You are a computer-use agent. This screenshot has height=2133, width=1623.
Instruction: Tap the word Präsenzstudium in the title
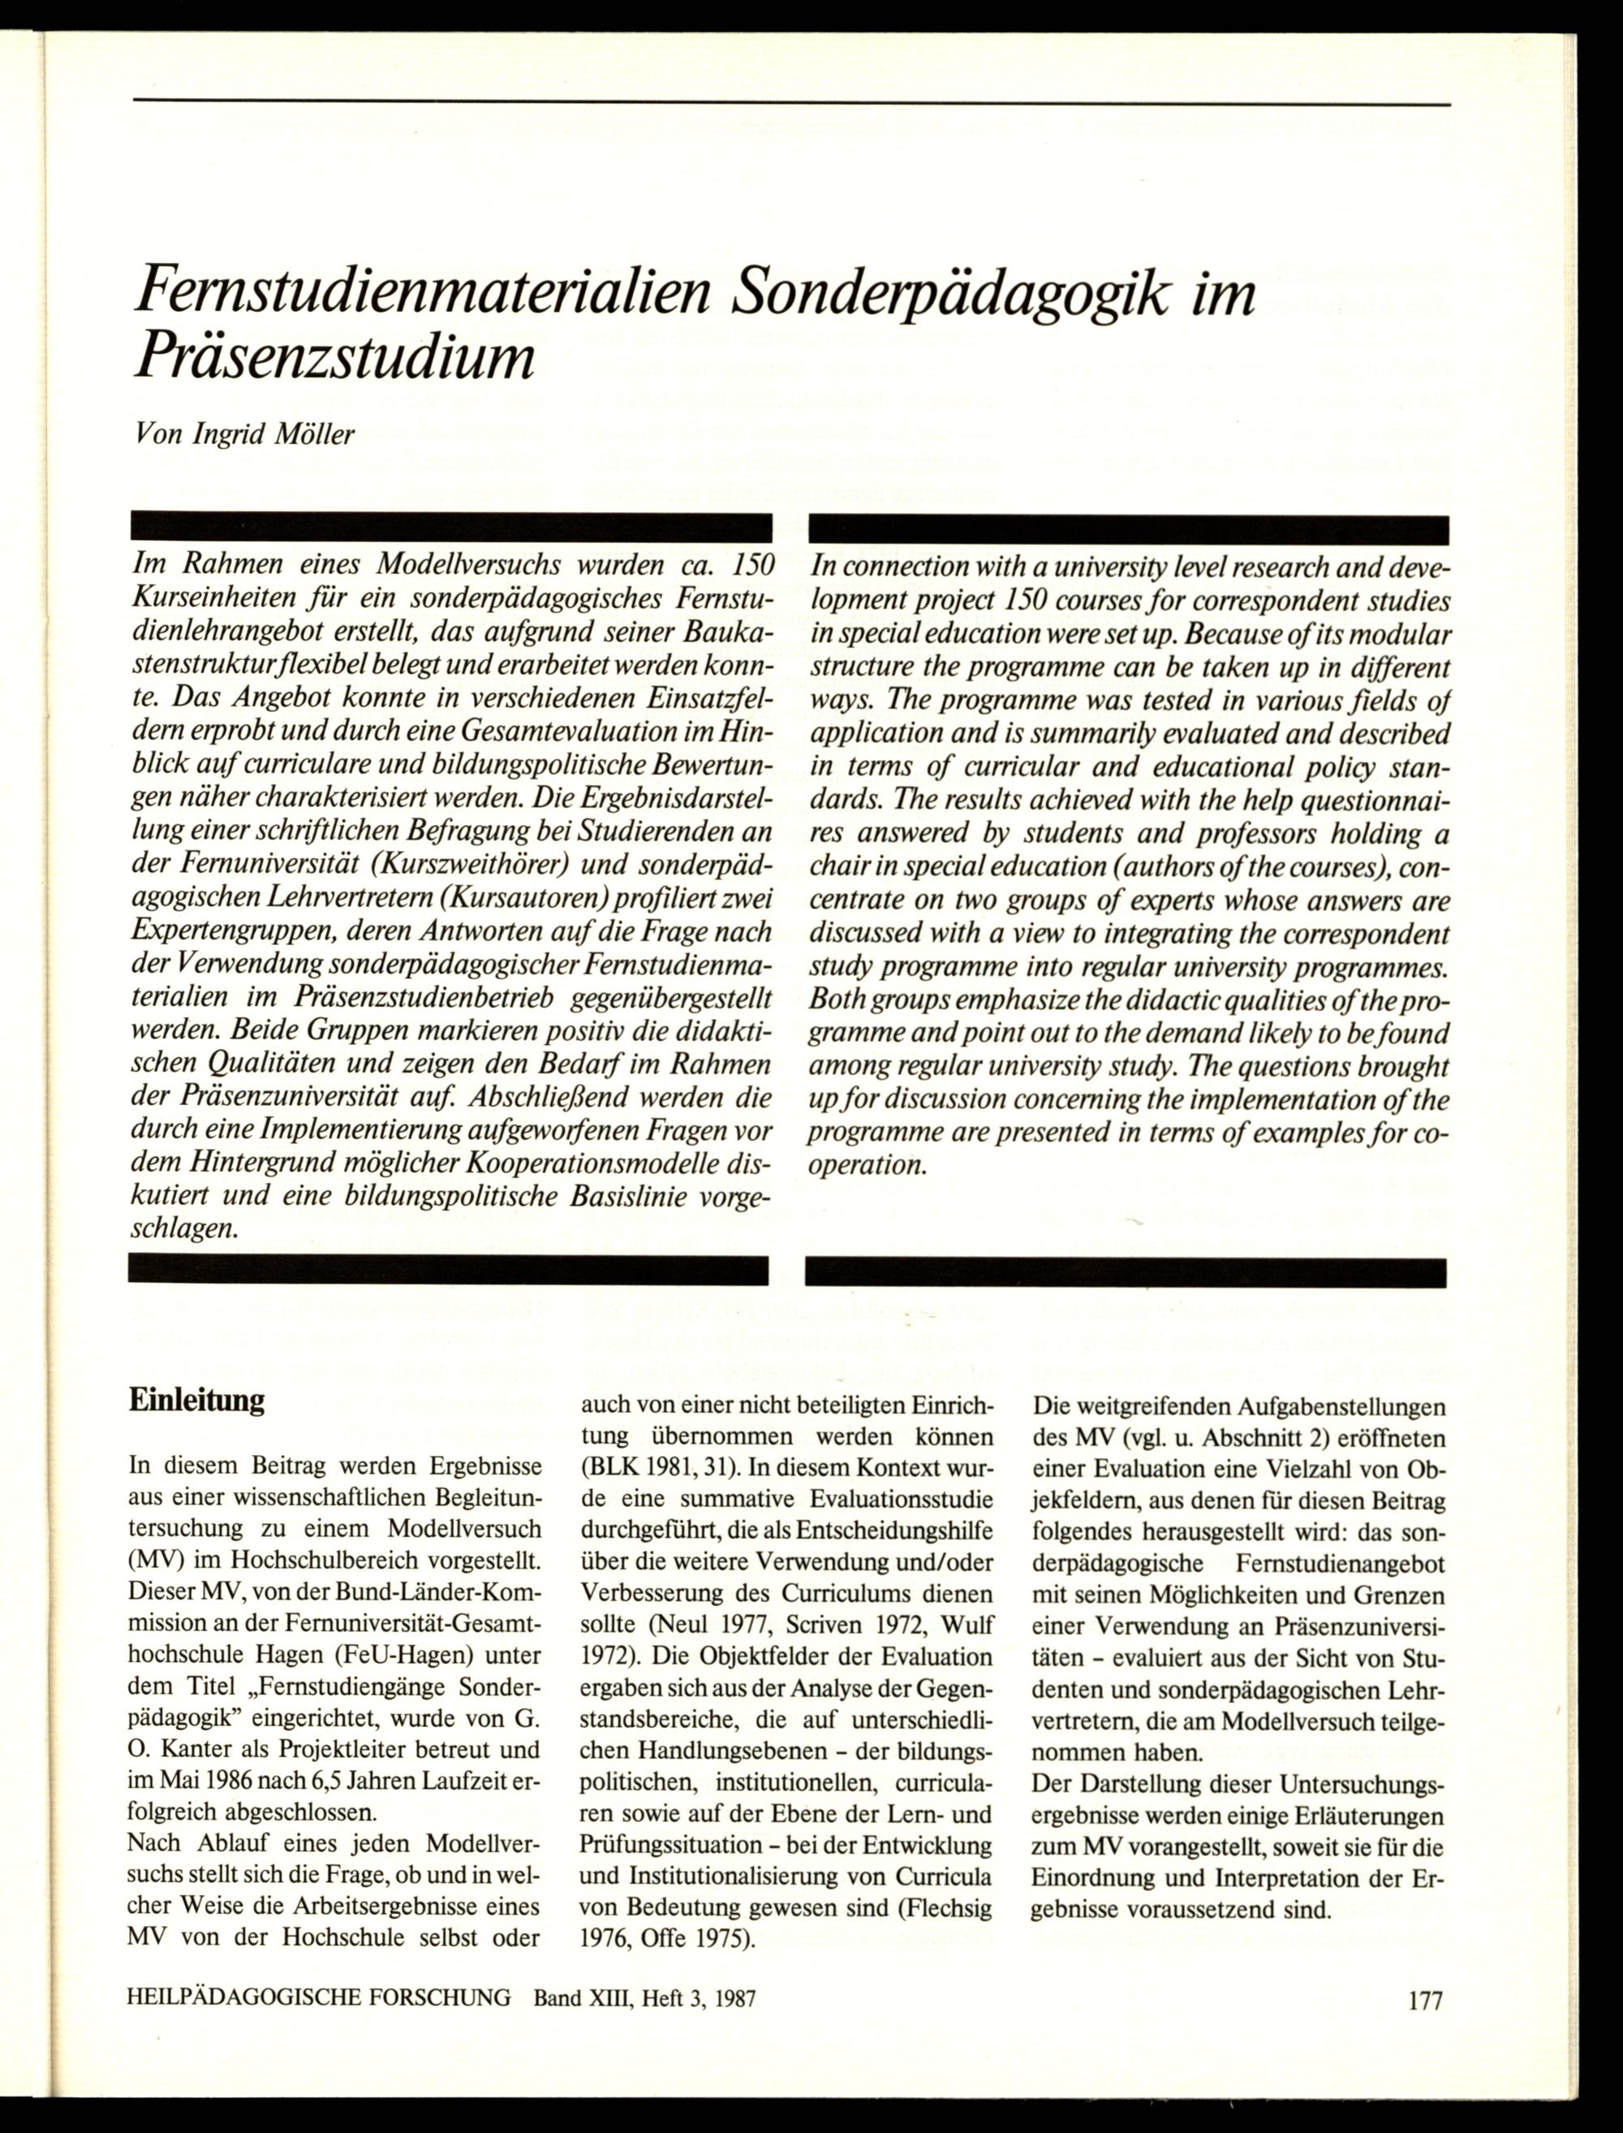tap(334, 360)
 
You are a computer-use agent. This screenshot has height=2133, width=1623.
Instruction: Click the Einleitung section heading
tap(196, 1401)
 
